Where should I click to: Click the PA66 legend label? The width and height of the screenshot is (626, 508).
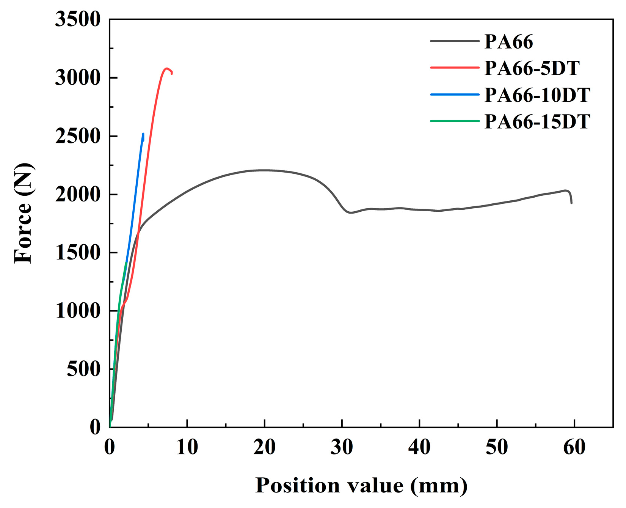click(508, 42)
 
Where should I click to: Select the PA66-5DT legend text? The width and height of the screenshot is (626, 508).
click(532, 68)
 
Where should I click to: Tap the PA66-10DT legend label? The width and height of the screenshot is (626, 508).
click(537, 95)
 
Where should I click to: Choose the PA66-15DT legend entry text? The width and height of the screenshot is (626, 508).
click(537, 122)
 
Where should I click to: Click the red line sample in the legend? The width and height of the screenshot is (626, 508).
click(455, 68)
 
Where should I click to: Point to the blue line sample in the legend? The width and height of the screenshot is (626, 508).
click(455, 94)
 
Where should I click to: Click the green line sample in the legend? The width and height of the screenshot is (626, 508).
click(455, 121)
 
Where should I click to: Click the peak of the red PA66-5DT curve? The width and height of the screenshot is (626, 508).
click(166, 69)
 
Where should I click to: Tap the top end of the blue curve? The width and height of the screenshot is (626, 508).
click(143, 134)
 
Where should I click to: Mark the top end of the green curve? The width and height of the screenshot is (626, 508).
click(126, 263)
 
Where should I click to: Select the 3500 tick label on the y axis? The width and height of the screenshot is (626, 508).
click(77, 19)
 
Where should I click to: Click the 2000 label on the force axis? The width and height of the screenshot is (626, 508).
click(77, 195)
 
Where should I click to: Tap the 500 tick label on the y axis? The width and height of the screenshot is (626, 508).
click(83, 369)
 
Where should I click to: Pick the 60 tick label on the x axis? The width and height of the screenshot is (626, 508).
click(574, 448)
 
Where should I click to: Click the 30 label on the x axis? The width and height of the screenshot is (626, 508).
click(342, 448)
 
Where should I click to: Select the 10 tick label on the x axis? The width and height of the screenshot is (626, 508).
click(187, 448)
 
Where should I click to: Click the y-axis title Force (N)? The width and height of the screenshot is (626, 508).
click(23, 213)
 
